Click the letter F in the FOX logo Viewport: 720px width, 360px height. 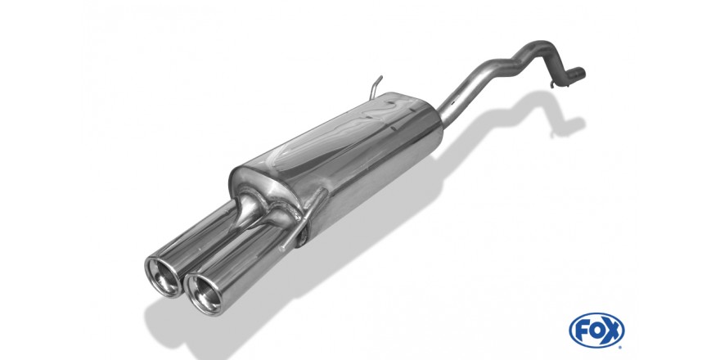click(x=583, y=330)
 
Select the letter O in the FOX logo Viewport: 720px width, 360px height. click(x=596, y=330)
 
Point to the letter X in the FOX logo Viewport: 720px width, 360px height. click(x=612, y=330)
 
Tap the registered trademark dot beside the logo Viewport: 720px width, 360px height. click(x=621, y=346)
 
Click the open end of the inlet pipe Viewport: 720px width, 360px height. click(x=583, y=73)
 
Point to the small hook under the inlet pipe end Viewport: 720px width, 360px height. click(x=554, y=84)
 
